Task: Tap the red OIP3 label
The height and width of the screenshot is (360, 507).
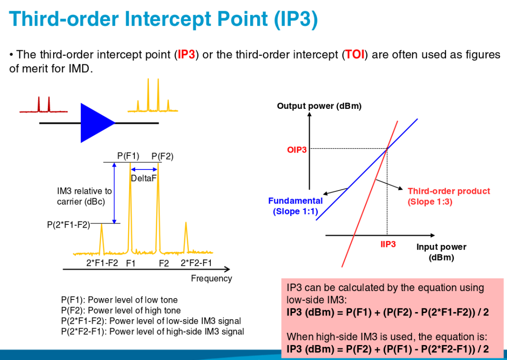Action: click(297, 150)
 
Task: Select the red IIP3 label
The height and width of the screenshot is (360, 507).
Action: click(388, 244)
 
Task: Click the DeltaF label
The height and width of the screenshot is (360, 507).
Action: click(144, 178)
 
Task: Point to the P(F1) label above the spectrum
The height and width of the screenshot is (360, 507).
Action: click(128, 156)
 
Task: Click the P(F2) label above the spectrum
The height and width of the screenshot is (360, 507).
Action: click(162, 156)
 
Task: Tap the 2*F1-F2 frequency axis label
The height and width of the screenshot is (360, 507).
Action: click(102, 263)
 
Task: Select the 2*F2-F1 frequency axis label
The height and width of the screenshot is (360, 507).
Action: click(196, 263)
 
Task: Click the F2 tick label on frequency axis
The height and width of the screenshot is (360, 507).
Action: click(163, 264)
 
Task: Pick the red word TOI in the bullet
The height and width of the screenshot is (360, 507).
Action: click(355, 55)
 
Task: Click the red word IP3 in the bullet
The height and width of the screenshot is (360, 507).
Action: click(186, 55)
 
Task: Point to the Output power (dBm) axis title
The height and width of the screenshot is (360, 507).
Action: click(319, 106)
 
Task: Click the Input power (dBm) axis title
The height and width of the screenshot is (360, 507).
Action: click(441, 252)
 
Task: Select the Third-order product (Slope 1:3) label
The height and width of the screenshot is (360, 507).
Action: click(448, 196)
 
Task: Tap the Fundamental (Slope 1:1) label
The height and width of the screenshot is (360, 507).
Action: click(295, 206)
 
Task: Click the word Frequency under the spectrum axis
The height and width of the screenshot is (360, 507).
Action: click(211, 278)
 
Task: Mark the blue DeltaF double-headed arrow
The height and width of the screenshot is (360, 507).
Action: click(144, 169)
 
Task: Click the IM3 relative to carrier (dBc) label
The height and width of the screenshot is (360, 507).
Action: click(84, 196)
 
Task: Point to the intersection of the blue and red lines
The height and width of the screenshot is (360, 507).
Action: click(387, 149)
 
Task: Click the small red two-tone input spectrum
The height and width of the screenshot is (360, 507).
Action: click(43, 106)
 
